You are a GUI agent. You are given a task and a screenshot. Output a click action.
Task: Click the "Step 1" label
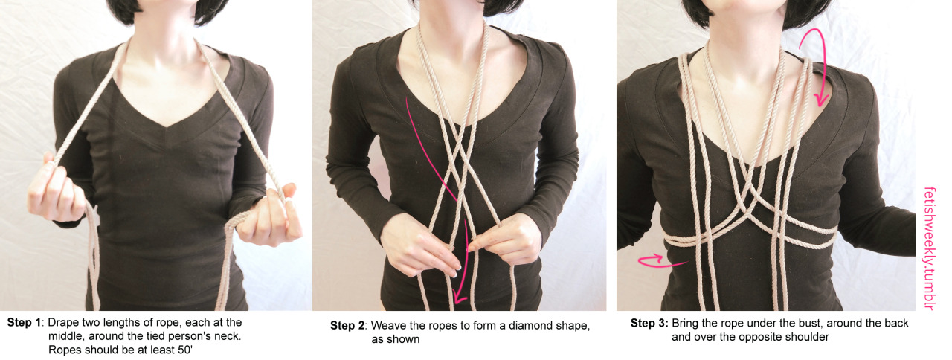click(25, 323)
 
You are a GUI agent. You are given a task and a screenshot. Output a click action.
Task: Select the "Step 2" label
click(347, 326)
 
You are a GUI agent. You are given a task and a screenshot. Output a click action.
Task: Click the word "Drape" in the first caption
click(63, 323)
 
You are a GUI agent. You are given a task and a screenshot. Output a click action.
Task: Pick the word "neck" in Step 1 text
click(228, 336)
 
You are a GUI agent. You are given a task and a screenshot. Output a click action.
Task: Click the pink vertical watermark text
click(929, 248)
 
